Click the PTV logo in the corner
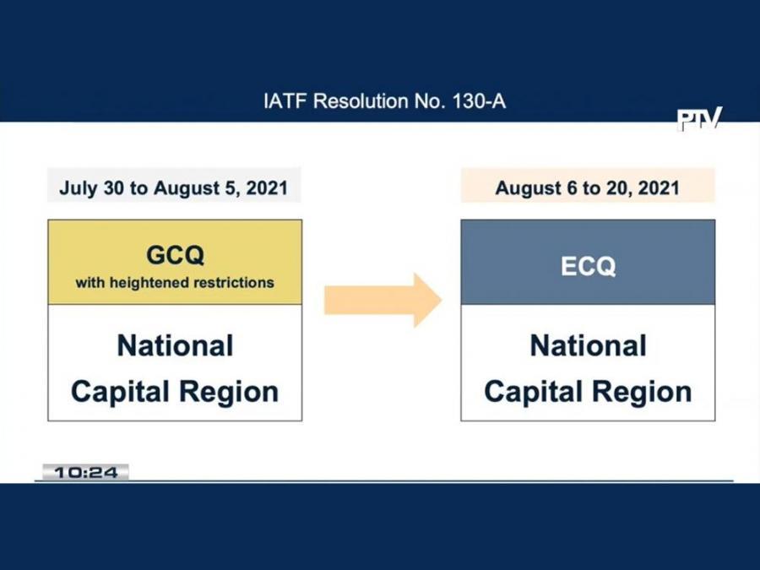coord(699,119)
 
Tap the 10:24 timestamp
coord(85,473)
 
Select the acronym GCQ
coord(175,254)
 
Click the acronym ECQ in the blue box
coord(588,266)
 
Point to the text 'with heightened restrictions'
coord(175,283)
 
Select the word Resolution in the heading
coord(353,102)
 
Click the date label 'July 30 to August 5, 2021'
coord(173,187)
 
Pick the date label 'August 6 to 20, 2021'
coord(587,187)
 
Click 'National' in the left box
coord(175,345)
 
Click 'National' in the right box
coord(588,345)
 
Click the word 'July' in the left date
coord(77,187)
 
